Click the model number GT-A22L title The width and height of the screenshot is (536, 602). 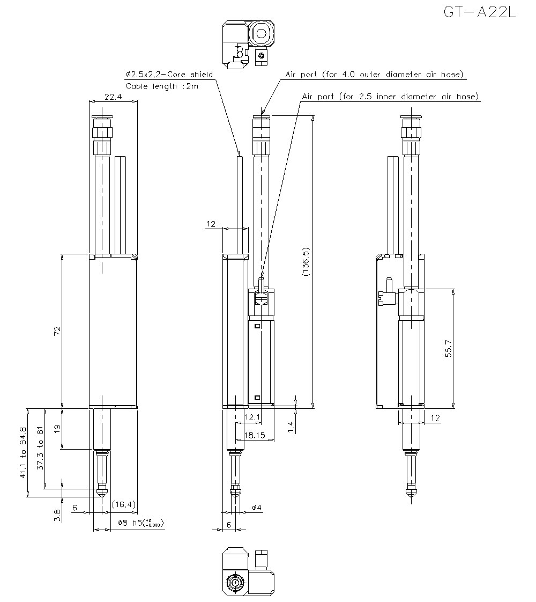[x=479, y=12]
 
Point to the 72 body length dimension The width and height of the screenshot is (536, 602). [x=58, y=331]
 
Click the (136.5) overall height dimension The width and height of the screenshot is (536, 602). [x=306, y=262]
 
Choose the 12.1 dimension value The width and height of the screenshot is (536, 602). [x=252, y=417]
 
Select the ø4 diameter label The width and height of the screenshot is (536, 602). [x=256, y=508]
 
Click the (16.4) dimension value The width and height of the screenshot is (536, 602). [x=124, y=504]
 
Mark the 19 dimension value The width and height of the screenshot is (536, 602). [x=58, y=429]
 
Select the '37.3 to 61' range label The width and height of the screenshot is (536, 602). [x=40, y=449]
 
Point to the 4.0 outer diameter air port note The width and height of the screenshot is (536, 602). [x=374, y=75]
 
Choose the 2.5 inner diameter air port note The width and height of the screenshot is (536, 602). [x=390, y=97]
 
